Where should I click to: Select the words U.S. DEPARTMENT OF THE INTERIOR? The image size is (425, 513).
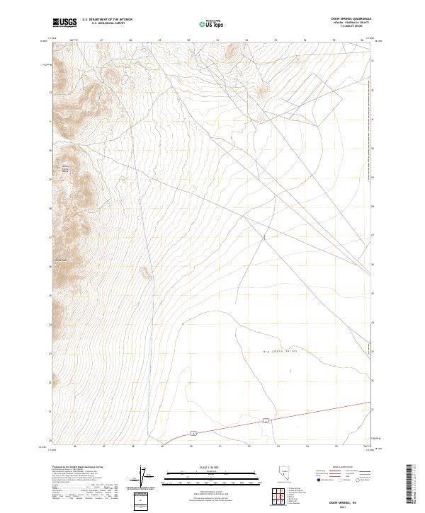tap(107, 20)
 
